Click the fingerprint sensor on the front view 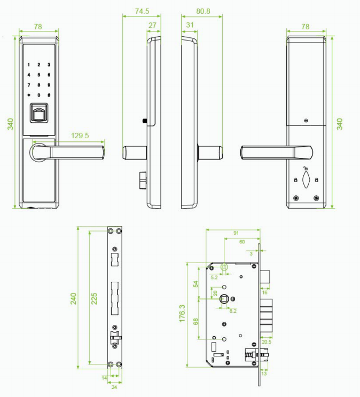click(38, 113)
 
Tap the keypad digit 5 click(39, 75)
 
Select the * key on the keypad click(29, 95)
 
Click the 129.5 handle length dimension click(80, 136)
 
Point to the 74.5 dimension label click(142, 11)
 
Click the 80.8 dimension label click(203, 11)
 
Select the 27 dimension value click(152, 25)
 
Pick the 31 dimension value click(190, 25)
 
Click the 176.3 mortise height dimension click(182, 313)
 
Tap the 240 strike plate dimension click(73, 298)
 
